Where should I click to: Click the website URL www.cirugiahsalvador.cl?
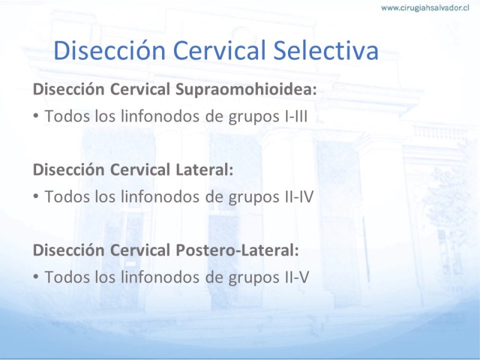[x=425, y=8]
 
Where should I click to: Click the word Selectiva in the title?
[x=326, y=50]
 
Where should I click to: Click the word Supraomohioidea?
[x=246, y=90]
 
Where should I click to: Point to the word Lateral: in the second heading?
[x=205, y=170]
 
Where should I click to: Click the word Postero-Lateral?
[x=237, y=250]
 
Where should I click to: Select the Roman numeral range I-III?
[x=296, y=116]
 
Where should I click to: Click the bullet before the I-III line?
[x=36, y=116]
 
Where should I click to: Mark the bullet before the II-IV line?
[x=36, y=197]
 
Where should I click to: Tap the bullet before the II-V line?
[x=36, y=277]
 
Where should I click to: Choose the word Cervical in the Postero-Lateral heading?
[x=140, y=250]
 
